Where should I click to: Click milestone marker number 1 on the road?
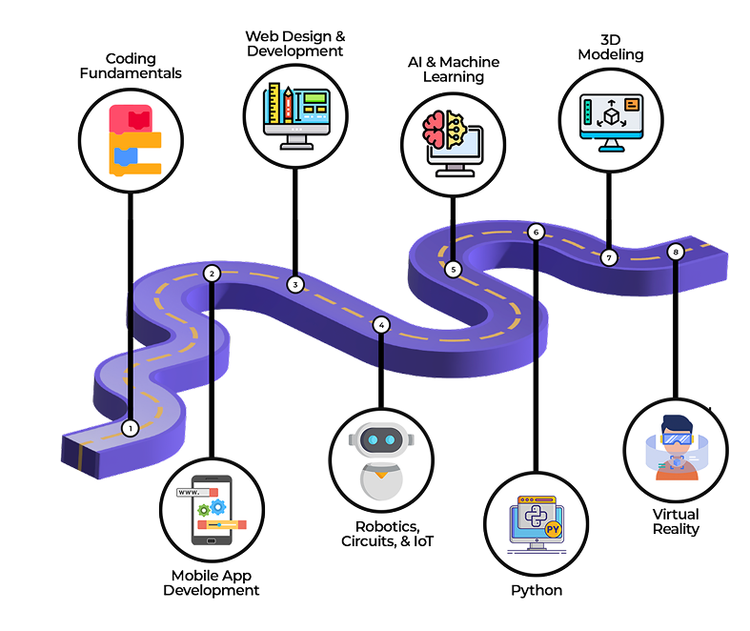(131, 429)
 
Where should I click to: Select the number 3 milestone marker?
(295, 284)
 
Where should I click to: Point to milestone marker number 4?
(381, 325)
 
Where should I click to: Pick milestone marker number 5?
(453, 270)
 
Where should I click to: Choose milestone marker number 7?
(609, 257)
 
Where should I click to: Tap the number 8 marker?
(676, 252)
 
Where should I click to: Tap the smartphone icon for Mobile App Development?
(213, 515)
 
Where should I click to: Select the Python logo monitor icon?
(537, 524)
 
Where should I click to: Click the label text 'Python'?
(537, 591)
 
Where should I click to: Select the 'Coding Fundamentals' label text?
(131, 63)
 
